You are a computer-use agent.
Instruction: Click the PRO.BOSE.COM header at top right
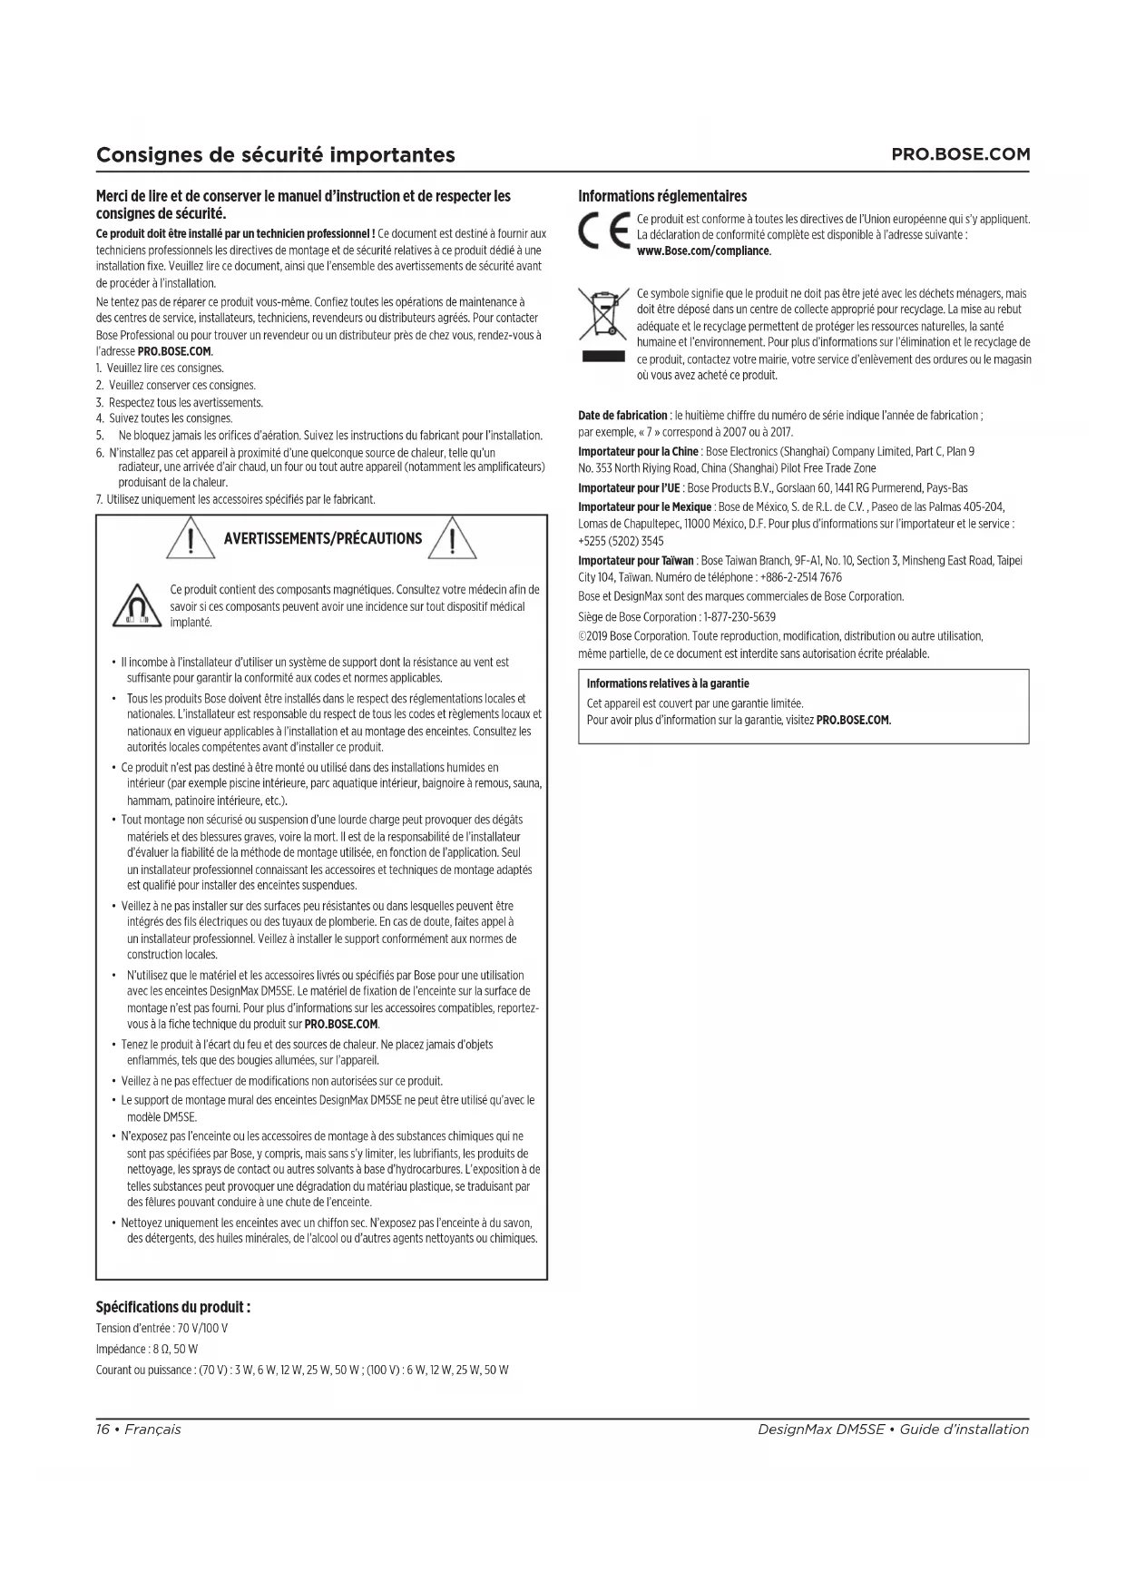click(961, 154)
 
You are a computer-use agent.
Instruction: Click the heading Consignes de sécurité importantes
click(276, 154)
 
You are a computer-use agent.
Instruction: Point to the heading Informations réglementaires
click(662, 196)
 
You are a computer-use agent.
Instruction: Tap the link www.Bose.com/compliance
click(703, 251)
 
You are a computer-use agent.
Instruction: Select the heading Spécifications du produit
click(173, 1307)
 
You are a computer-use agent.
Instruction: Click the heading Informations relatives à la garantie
click(668, 683)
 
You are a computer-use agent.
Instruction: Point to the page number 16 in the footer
click(103, 1430)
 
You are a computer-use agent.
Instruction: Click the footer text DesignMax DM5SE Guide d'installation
click(893, 1430)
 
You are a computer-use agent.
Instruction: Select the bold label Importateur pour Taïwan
click(636, 561)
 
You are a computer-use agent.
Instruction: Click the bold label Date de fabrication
click(622, 415)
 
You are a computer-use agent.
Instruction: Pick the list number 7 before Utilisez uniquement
click(99, 499)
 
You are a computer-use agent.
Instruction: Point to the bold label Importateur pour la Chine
click(638, 451)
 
